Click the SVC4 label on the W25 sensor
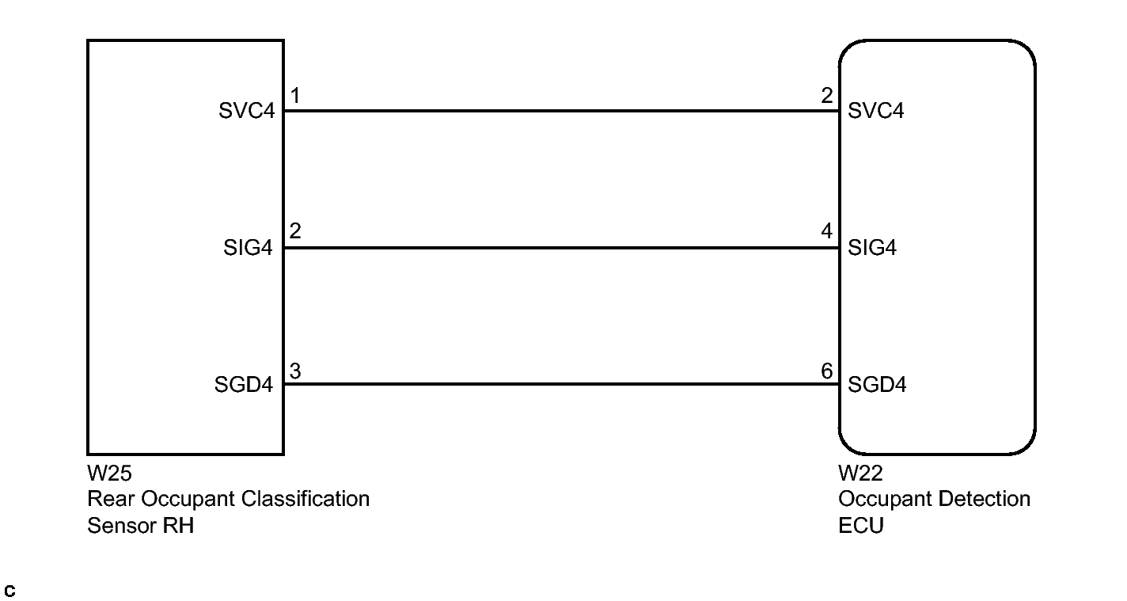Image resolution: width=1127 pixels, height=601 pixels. (246, 111)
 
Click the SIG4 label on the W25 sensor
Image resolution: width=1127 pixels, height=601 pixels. (248, 248)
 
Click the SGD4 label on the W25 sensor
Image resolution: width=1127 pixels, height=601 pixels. (244, 386)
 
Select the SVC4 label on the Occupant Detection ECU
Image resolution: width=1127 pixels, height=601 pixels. (875, 111)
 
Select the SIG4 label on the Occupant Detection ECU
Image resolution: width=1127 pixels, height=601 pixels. (872, 248)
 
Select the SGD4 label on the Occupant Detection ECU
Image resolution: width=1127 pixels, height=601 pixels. (877, 386)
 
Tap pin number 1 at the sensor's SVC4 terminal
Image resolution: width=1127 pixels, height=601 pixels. (294, 97)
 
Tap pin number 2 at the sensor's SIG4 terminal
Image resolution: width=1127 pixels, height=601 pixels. (294, 233)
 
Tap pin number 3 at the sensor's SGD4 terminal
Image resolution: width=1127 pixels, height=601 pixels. (294, 371)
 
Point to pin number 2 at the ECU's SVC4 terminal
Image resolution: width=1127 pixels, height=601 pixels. (827, 97)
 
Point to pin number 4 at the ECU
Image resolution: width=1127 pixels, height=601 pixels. (827, 233)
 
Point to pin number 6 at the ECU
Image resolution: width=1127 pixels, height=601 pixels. (827, 371)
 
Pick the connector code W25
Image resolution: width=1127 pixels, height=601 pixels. (109, 474)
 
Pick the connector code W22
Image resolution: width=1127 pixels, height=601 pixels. (860, 474)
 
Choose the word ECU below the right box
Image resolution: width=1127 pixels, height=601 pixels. (860, 525)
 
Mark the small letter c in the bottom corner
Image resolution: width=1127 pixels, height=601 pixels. (9, 591)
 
